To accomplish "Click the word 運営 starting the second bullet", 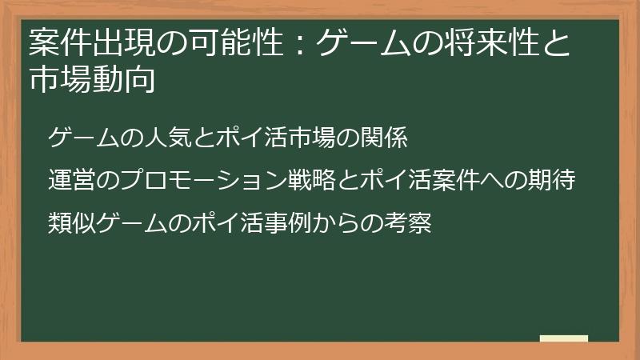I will click(71, 181).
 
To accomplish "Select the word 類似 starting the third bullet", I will click(71, 222).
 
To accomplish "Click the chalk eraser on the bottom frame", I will click(564, 339).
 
